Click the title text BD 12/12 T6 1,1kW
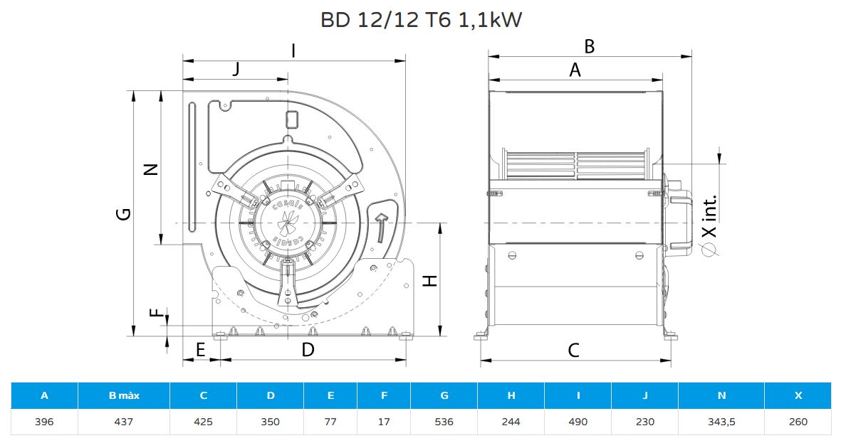(421, 20)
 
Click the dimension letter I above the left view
(293, 51)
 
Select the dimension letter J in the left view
(236, 70)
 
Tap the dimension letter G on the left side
(124, 214)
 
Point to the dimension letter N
(152, 169)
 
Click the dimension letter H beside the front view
(430, 280)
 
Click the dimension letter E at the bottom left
(200, 350)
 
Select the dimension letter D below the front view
(308, 350)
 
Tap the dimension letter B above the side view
(589, 47)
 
